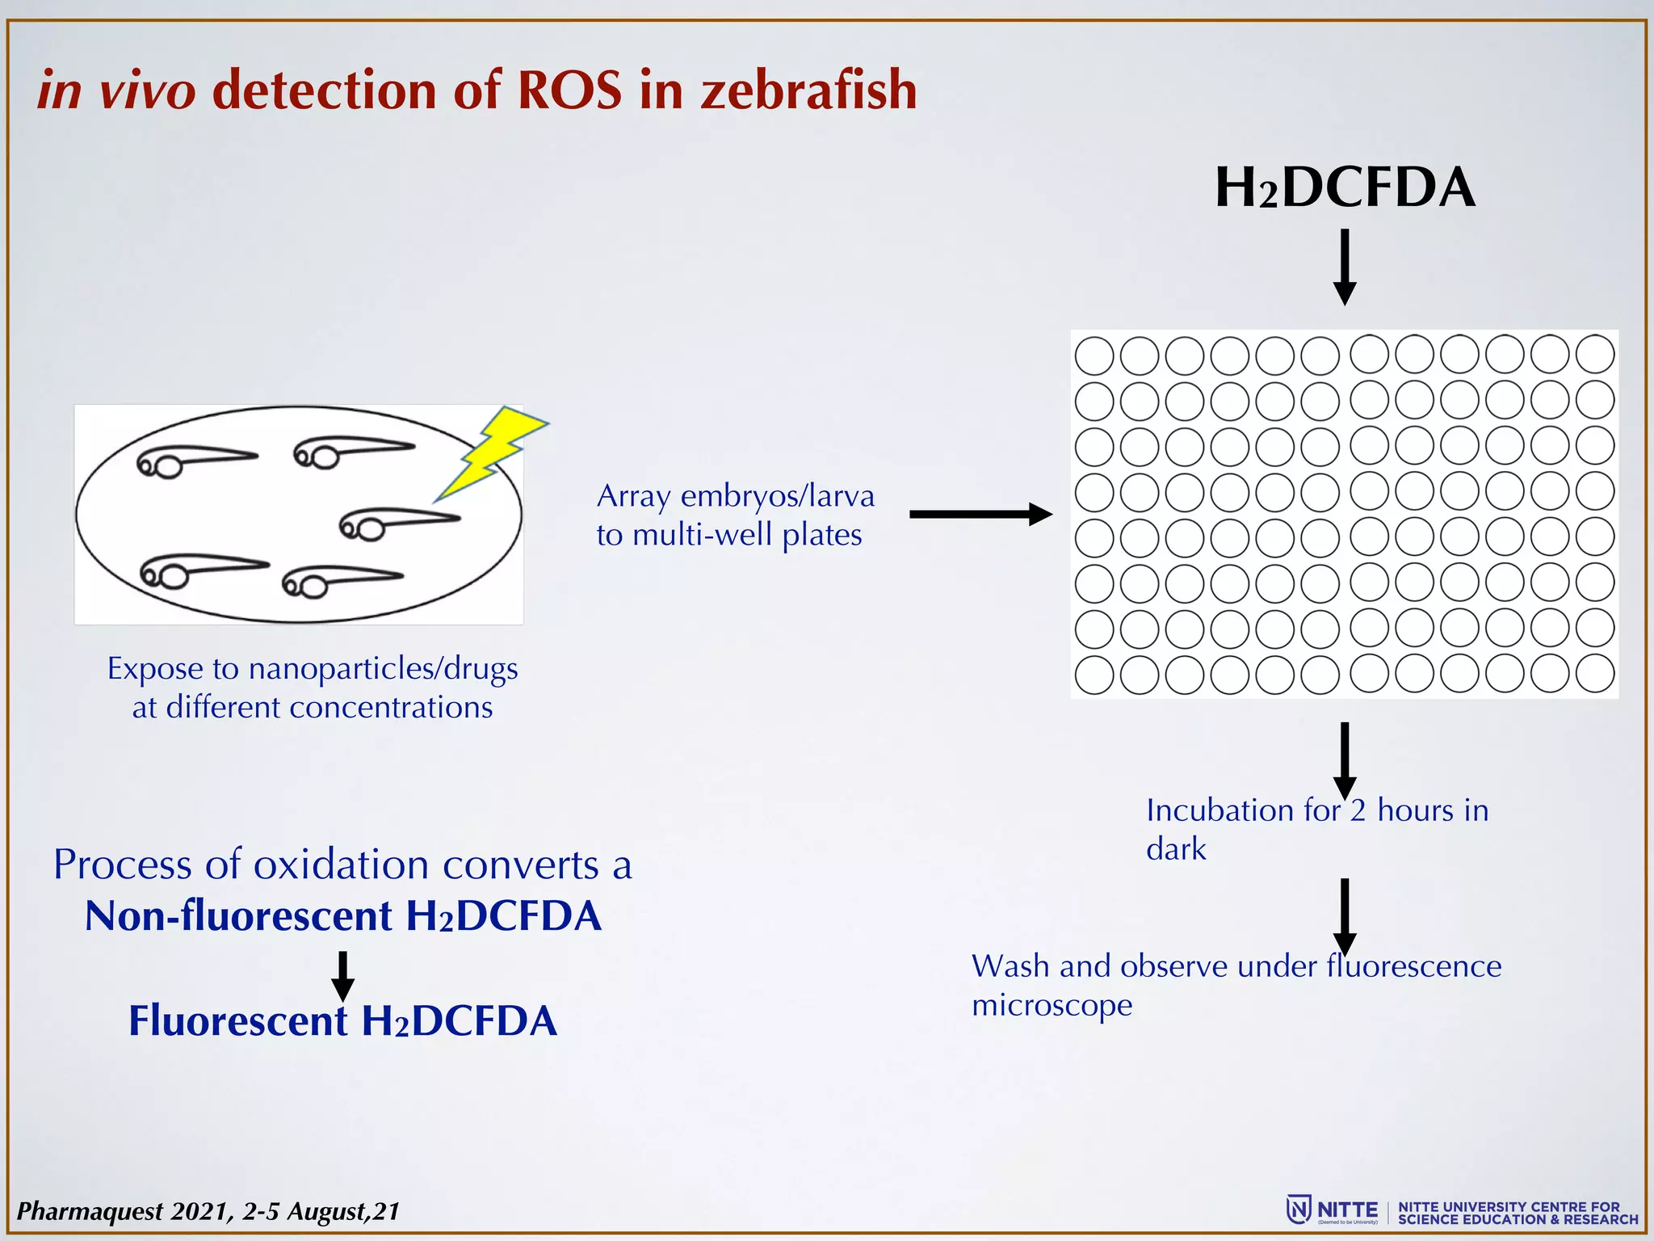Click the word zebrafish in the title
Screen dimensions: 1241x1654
[808, 90]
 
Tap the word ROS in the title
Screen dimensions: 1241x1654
[570, 90]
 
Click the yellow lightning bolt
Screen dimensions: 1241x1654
[489, 452]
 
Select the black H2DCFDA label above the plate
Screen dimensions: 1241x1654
[1345, 188]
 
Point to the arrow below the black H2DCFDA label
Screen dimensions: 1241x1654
[1345, 267]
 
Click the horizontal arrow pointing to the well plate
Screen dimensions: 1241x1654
[980, 514]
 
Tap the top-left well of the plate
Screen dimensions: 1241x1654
[1094, 356]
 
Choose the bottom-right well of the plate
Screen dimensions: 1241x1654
[1595, 673]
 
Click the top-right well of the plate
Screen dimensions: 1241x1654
[1595, 354]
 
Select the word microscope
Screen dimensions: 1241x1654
[1052, 1006]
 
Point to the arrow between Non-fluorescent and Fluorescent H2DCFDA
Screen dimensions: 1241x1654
[343, 976]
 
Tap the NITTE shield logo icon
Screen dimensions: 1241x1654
[1299, 1209]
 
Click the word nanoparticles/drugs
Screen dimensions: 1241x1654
[383, 669]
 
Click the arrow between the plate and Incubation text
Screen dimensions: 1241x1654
[1345, 759]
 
